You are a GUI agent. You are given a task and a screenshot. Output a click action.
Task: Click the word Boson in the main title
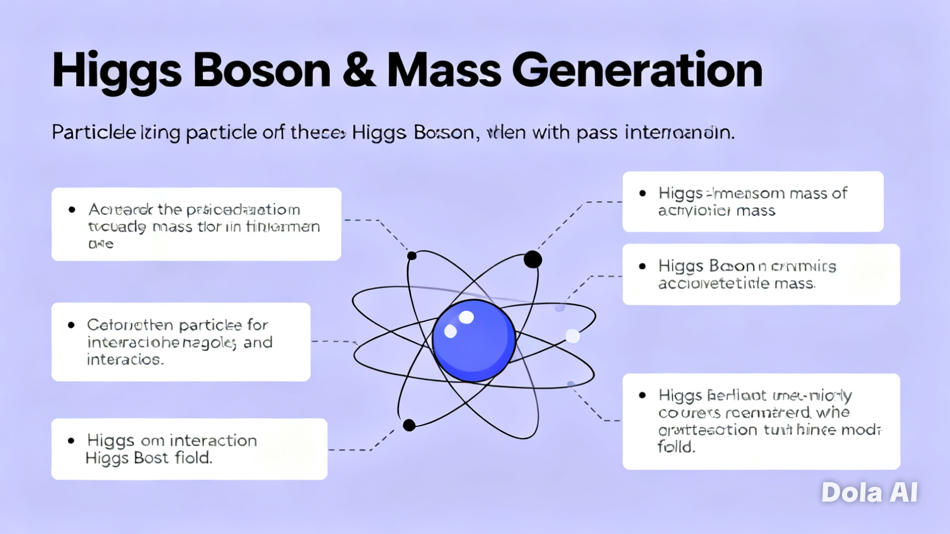[x=261, y=71]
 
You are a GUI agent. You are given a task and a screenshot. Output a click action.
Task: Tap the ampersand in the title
[x=358, y=71]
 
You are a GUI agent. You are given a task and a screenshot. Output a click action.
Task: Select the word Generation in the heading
[x=637, y=71]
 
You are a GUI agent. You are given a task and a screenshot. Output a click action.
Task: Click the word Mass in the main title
[x=443, y=71]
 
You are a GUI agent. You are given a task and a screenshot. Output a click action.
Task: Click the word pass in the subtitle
[x=597, y=132]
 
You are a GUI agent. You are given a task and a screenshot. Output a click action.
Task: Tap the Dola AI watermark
[x=869, y=492]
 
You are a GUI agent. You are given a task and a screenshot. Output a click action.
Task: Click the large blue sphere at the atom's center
[x=473, y=341]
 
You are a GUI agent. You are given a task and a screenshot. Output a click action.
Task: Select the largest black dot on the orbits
[x=532, y=260]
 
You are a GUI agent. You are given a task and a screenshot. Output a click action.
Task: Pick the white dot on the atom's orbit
[x=572, y=336]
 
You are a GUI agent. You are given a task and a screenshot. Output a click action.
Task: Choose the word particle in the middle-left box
[x=210, y=325]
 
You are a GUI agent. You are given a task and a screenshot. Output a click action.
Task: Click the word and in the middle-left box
[x=258, y=342]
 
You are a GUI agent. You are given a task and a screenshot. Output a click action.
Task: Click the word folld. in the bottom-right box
[x=676, y=447]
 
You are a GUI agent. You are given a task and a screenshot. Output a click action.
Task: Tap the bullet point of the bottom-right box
[x=642, y=395]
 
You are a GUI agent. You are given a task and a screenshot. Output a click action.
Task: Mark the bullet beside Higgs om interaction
[x=71, y=441]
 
